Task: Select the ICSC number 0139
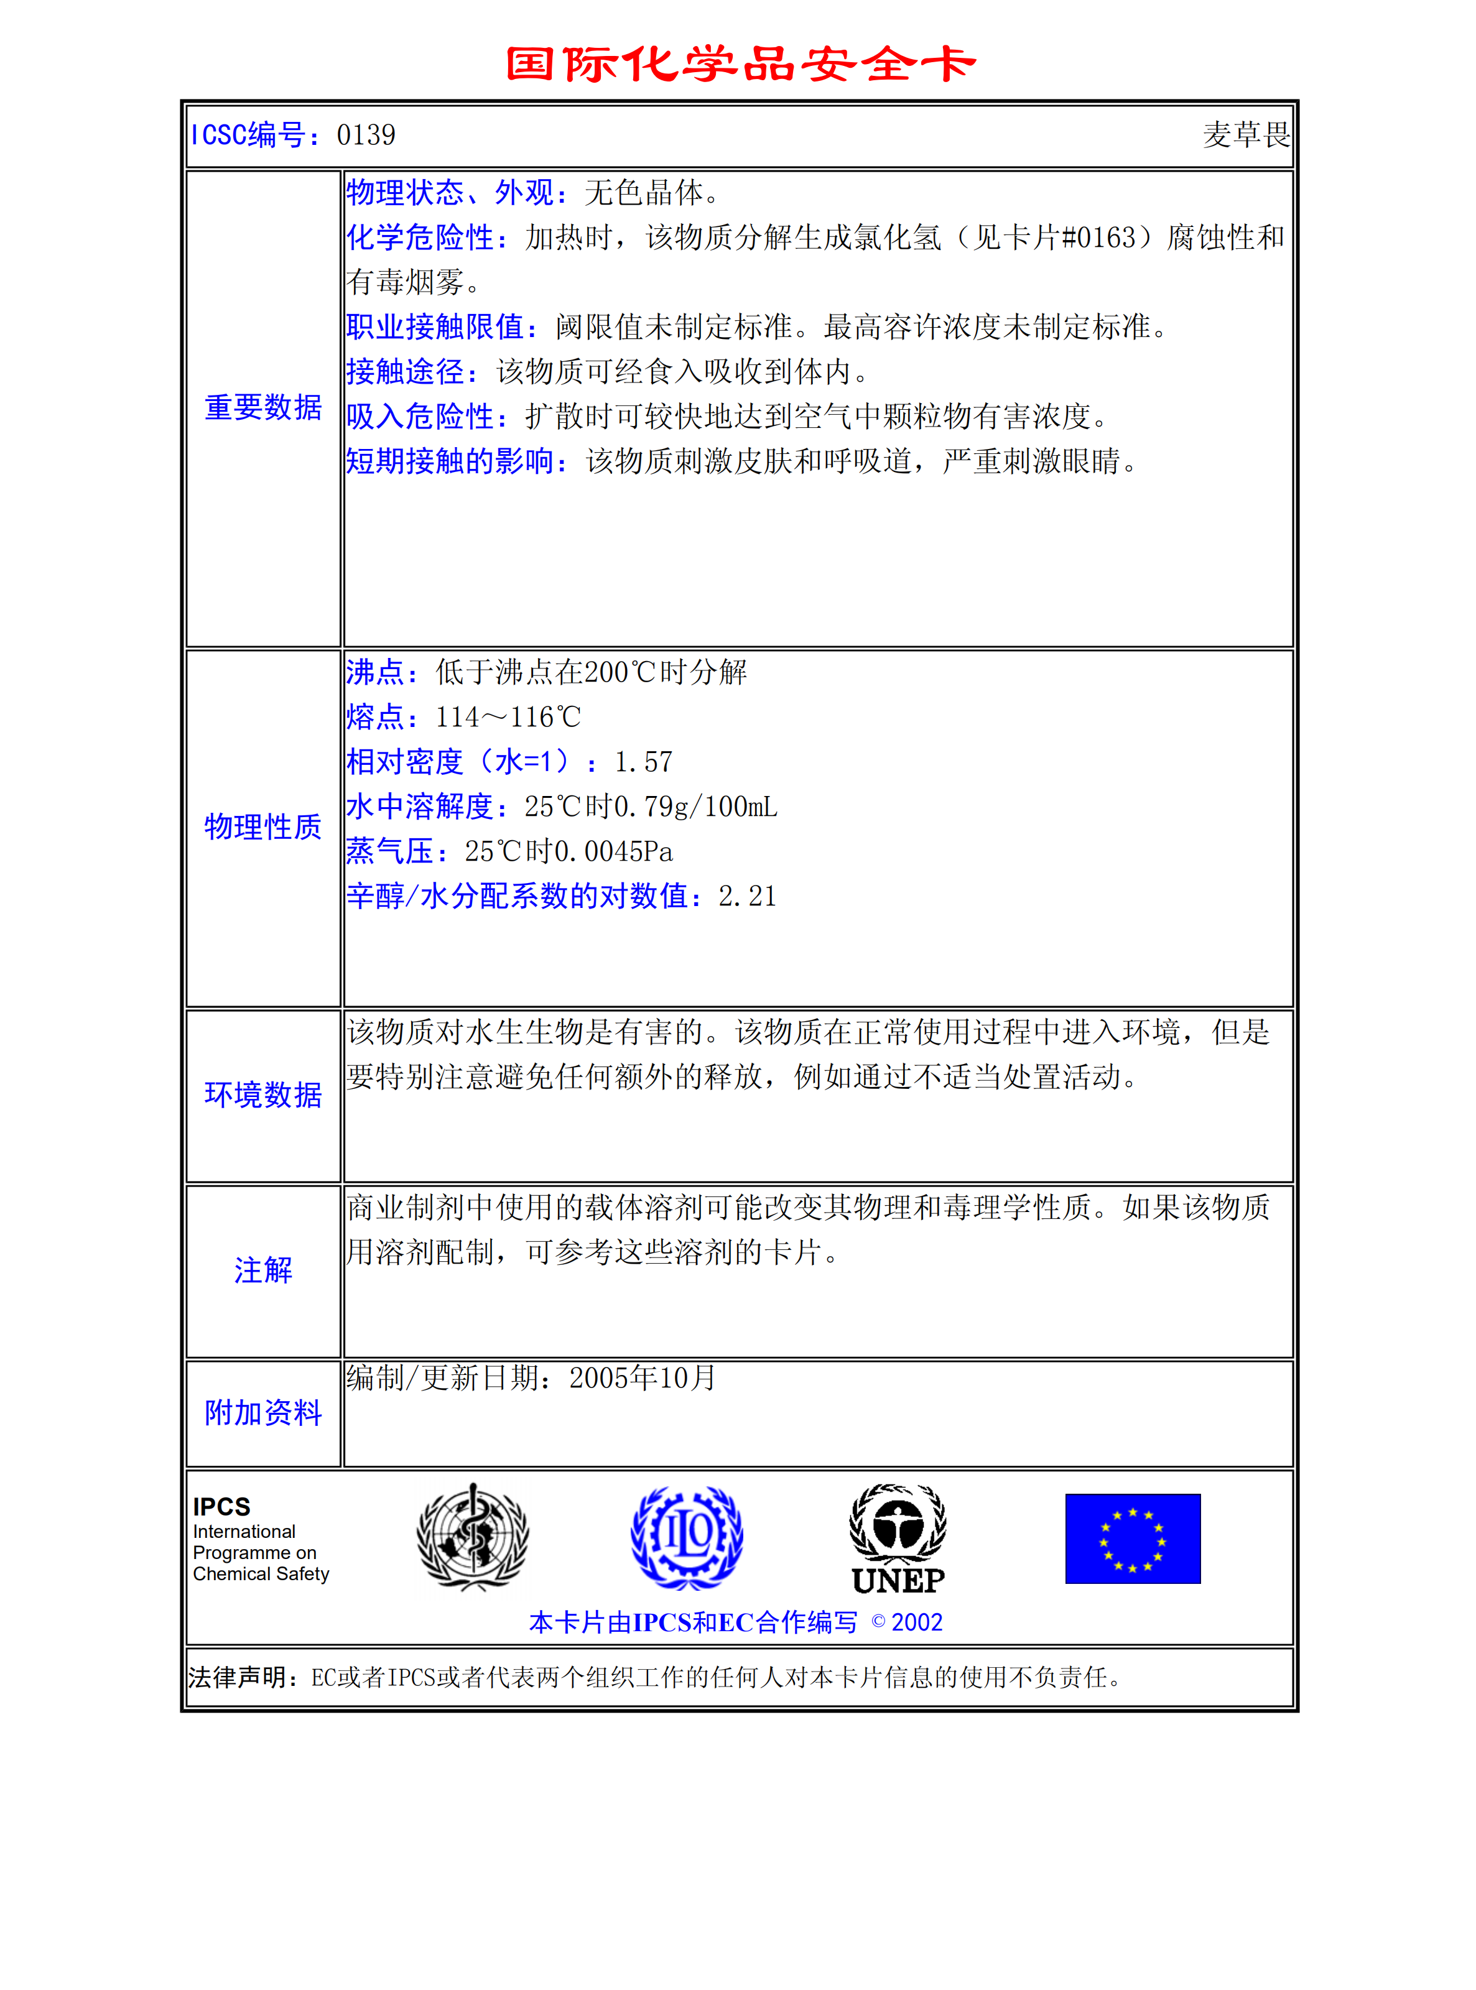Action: pyautogui.click(x=366, y=135)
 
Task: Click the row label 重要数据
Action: pyautogui.click(x=262, y=407)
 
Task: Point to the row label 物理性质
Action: pyautogui.click(x=262, y=827)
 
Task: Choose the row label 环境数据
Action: pyautogui.click(x=262, y=1094)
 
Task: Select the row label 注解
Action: pyautogui.click(x=262, y=1270)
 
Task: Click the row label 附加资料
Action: pyautogui.click(x=262, y=1413)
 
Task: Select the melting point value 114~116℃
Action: pyautogui.click(x=508, y=717)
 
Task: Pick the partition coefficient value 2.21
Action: pyautogui.click(x=747, y=896)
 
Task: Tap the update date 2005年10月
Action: pyautogui.click(x=643, y=1377)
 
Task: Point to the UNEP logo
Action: pyautogui.click(x=898, y=1539)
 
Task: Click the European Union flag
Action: pyautogui.click(x=1132, y=1538)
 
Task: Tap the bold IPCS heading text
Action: pyautogui.click(x=221, y=1507)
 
